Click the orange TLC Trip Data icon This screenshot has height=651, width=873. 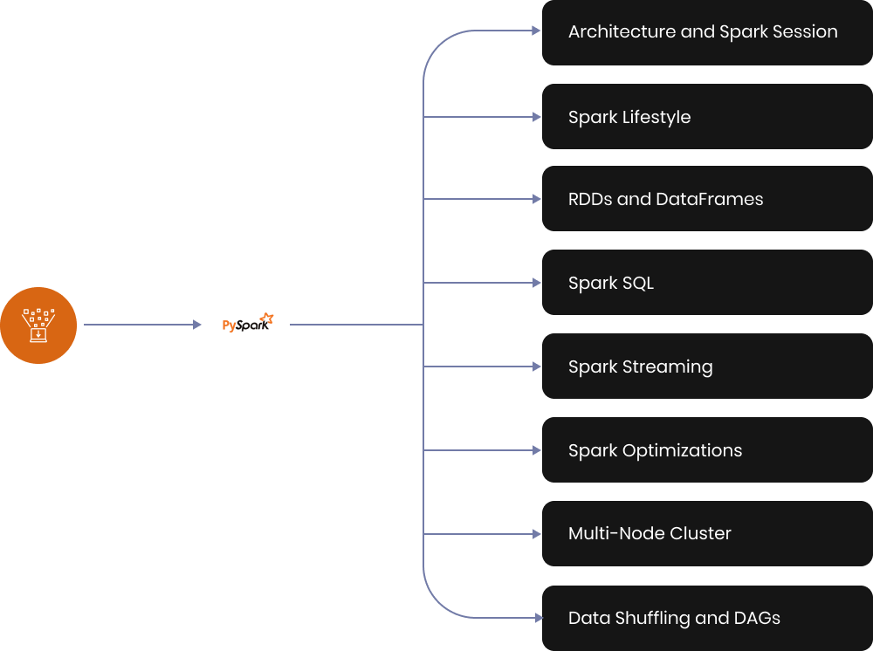click(38, 325)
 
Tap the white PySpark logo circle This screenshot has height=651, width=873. click(247, 325)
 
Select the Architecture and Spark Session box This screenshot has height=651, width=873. click(707, 32)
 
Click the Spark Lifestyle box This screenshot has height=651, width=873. click(707, 117)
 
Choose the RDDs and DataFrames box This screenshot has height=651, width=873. click(707, 199)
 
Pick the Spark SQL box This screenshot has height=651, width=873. click(707, 283)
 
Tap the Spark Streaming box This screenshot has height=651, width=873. click(707, 367)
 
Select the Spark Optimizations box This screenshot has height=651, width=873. click(707, 450)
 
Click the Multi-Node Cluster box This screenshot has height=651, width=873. click(707, 533)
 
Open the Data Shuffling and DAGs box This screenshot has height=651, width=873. click(707, 618)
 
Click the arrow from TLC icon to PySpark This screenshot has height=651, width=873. click(143, 325)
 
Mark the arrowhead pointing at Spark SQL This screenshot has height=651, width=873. click(537, 283)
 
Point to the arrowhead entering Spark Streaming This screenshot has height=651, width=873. click(537, 367)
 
